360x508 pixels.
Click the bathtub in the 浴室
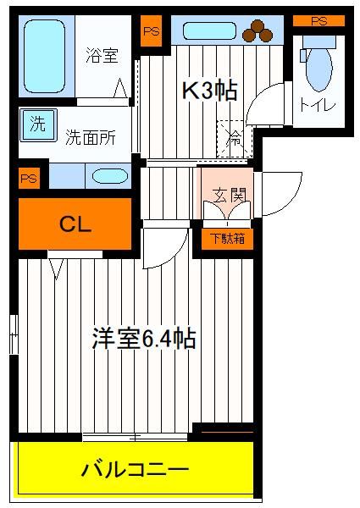(44, 56)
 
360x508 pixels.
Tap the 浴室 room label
(102, 55)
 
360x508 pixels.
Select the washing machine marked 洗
(38, 125)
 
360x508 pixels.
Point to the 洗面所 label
(91, 138)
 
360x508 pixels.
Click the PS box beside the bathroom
(152, 31)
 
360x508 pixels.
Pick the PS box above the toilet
(318, 21)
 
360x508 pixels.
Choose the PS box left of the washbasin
(29, 178)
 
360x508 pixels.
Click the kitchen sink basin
(209, 30)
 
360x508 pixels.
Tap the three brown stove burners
(258, 30)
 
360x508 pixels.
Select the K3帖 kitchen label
(210, 90)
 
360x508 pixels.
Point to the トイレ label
(318, 105)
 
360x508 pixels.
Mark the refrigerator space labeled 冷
(235, 139)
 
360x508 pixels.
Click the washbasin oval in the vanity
(110, 176)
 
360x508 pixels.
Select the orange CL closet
(75, 224)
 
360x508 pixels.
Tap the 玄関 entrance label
(229, 195)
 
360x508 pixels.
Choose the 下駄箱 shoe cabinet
(227, 239)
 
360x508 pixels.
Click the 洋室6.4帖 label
(144, 339)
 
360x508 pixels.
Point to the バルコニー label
(135, 469)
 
